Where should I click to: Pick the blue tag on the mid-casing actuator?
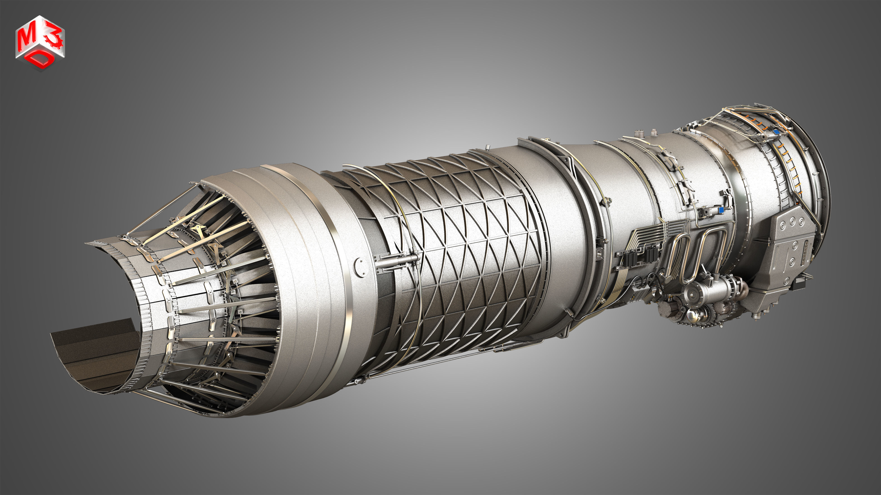coord(721,210)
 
